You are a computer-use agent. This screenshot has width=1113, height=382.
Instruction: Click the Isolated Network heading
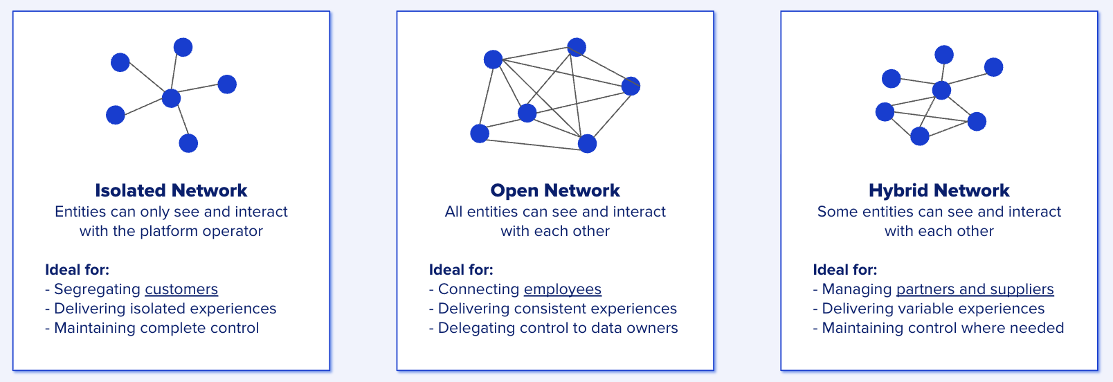coord(171,190)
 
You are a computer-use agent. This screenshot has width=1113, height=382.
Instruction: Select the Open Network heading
coord(555,190)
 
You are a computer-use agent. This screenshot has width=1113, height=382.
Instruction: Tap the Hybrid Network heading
coord(939,190)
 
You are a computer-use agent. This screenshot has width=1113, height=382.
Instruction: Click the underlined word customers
coord(181,289)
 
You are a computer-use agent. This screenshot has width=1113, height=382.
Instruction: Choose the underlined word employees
coord(563,289)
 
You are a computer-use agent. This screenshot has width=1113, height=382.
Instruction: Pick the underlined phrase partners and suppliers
coord(975,289)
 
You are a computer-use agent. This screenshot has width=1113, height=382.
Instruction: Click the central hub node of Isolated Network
coord(171,98)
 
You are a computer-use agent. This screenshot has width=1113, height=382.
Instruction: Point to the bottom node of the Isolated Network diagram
coord(188,143)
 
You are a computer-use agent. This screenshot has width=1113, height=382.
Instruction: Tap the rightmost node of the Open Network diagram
coord(631,87)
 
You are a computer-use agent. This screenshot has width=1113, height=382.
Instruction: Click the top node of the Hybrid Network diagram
coord(944,55)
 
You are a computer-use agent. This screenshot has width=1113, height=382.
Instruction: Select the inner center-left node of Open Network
coord(527,113)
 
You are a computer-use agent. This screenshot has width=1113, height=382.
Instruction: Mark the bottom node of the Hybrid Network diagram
coord(920,136)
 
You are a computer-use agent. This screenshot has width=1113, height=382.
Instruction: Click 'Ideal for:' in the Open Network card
coord(461,270)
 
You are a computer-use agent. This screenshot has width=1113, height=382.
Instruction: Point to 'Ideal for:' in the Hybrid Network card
coord(845,270)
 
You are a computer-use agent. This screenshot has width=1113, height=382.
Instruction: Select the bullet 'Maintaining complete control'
coord(156,328)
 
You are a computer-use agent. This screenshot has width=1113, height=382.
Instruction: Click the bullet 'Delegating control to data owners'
coord(558,328)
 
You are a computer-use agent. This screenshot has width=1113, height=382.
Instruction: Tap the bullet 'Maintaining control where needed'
coord(943,328)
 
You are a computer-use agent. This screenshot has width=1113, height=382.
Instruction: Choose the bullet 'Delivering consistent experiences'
coord(557,309)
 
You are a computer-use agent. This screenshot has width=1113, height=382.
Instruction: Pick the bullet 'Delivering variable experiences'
coord(933,309)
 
